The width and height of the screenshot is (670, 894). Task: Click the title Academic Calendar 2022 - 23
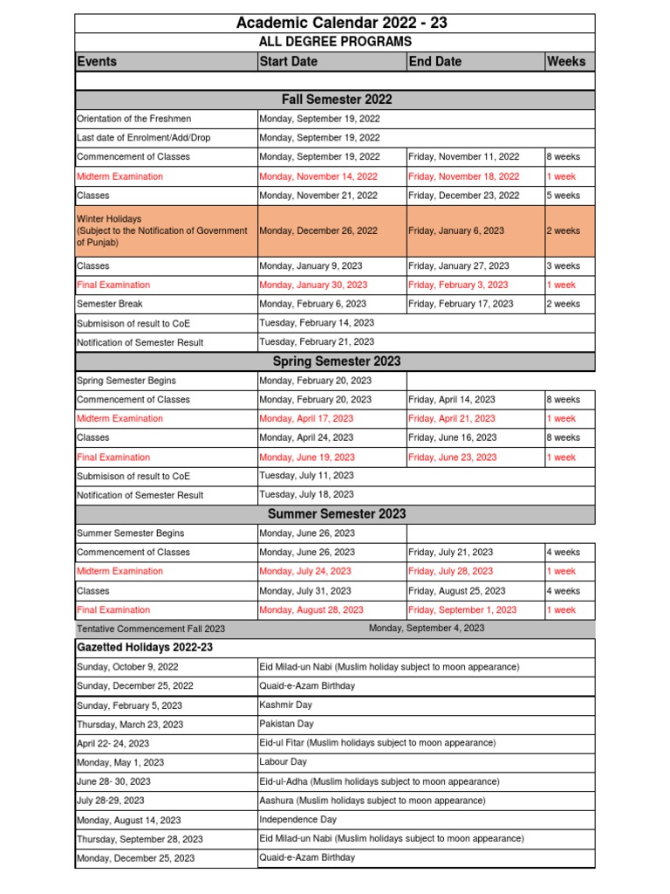(335, 23)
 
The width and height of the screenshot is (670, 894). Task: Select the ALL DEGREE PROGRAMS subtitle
(335, 42)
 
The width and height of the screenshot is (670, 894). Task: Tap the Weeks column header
(566, 61)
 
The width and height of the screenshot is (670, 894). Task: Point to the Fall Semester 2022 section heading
(335, 100)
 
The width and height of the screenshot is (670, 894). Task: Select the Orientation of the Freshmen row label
(133, 119)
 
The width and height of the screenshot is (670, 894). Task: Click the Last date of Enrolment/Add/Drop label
(143, 138)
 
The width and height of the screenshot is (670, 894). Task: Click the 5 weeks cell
(563, 196)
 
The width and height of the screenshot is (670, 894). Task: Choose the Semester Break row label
(110, 304)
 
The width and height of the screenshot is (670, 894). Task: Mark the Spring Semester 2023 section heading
(335, 361)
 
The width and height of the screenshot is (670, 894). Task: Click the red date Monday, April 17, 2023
(306, 418)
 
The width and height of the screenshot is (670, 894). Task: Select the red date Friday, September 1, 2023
(462, 610)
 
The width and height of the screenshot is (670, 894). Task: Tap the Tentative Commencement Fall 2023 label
(150, 629)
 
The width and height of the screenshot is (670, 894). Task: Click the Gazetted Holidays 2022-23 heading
(144, 648)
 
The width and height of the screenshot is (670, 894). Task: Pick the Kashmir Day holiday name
(285, 705)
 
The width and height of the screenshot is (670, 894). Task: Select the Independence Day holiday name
(297, 820)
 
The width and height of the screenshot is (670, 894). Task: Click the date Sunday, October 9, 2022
(126, 667)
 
